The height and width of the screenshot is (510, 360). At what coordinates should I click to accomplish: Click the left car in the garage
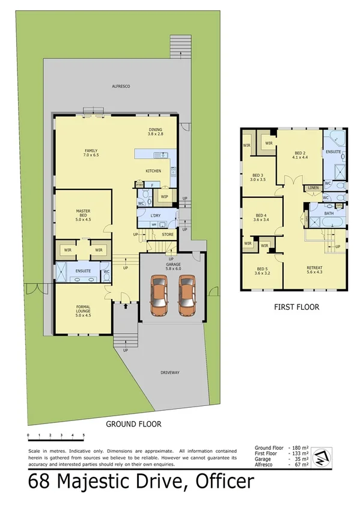159,295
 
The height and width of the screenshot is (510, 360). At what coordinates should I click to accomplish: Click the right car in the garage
187,295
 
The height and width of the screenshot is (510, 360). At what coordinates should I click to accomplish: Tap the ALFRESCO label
121,87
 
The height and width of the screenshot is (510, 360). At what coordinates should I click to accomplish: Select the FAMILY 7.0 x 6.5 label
91,153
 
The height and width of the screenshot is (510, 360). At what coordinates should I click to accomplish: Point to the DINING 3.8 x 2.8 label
156,132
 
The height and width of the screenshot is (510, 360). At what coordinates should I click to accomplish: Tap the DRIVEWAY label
170,373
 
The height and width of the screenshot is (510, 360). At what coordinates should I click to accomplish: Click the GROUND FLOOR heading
133,424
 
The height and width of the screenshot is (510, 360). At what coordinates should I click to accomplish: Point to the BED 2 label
300,155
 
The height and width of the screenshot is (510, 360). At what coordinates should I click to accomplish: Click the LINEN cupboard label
313,188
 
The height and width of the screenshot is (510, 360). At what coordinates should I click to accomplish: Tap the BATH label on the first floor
329,213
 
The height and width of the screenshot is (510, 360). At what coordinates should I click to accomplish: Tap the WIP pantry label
164,196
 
